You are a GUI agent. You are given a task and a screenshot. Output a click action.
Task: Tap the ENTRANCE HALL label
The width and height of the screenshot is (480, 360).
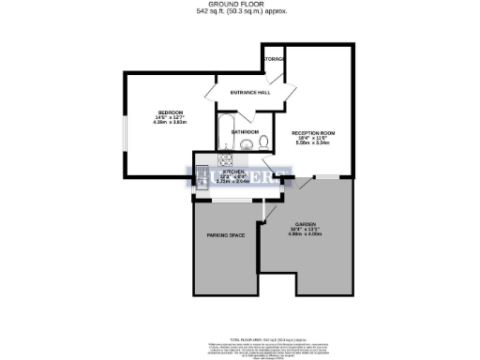click(x=251, y=92)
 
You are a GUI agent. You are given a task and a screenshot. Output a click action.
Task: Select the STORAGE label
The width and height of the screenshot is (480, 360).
click(x=274, y=60)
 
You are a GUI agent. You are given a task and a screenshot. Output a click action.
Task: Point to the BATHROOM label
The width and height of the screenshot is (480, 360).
click(x=245, y=132)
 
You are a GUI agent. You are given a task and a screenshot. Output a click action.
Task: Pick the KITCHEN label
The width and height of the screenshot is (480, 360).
click(x=234, y=172)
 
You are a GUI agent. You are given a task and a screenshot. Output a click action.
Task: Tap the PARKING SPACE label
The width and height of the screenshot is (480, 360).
click(x=225, y=235)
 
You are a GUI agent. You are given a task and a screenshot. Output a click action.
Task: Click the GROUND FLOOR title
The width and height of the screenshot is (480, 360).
click(x=241, y=5)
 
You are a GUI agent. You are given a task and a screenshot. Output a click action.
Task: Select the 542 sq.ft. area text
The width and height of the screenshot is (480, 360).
click(x=241, y=11)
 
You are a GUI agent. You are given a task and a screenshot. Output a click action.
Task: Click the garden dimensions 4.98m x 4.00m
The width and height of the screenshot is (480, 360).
click(x=306, y=234)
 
